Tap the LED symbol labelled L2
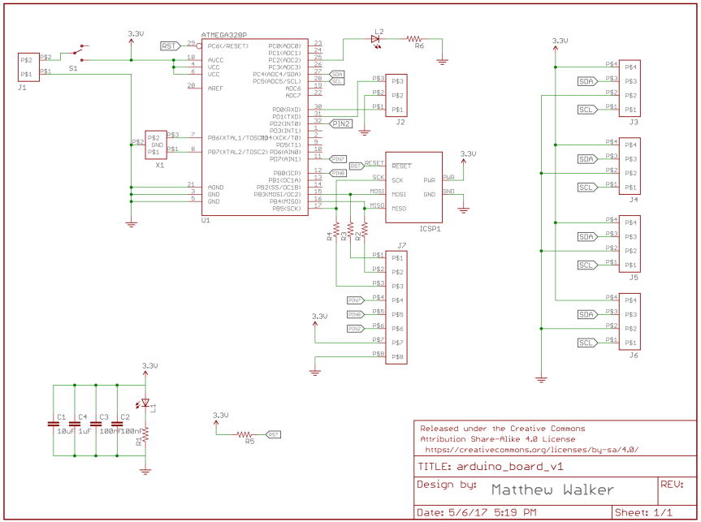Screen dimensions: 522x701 (x=377, y=38)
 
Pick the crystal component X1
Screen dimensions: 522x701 (x=155, y=145)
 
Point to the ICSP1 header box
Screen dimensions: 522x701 (x=414, y=187)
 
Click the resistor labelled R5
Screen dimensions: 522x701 (x=244, y=435)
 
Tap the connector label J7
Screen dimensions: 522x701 (x=401, y=245)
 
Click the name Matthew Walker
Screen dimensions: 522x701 (x=552, y=490)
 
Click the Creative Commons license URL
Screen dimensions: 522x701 (x=530, y=449)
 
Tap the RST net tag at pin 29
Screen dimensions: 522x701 (x=169, y=45)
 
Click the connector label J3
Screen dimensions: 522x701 (x=633, y=122)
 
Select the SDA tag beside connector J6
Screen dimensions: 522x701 (x=586, y=314)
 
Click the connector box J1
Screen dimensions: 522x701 (x=28, y=67)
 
